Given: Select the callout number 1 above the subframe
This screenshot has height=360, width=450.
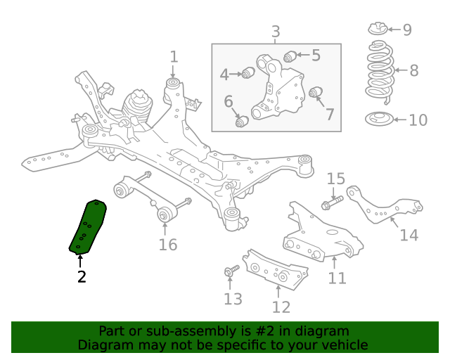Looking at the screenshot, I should (174, 57).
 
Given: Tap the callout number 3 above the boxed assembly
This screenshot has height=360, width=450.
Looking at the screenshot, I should (276, 32).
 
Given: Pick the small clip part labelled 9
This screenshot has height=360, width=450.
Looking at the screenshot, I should (378, 29).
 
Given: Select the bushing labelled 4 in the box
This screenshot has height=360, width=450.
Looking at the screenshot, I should (247, 72).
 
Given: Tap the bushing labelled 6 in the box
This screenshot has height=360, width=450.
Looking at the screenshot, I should (243, 122).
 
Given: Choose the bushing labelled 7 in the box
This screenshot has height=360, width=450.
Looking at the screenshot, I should (316, 92).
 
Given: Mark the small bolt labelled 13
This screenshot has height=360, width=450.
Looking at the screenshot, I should (230, 271).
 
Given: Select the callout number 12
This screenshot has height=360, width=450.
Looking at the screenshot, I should (281, 307).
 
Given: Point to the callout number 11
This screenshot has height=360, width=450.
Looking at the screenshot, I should (337, 278).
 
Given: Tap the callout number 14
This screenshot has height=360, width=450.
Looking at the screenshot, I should (409, 234).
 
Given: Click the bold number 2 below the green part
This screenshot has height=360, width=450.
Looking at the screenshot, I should (82, 276).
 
